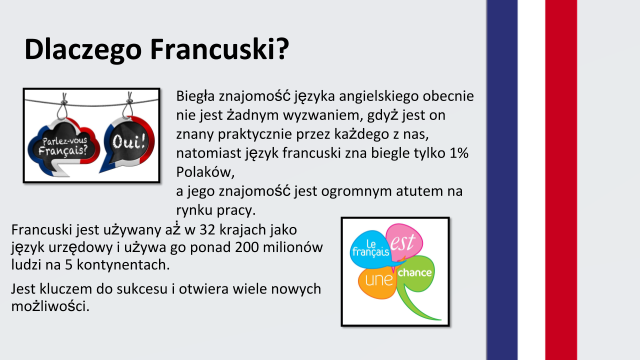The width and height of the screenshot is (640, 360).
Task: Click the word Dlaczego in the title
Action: [83, 49]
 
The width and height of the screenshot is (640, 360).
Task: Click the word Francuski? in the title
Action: [219, 49]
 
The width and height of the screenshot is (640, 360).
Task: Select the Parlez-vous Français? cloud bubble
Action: [64, 147]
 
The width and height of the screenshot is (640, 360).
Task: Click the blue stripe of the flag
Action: [502, 180]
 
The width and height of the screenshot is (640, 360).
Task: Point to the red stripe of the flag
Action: [561, 180]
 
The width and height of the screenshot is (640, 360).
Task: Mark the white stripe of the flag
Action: [531, 180]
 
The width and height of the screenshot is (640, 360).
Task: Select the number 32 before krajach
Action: [207, 229]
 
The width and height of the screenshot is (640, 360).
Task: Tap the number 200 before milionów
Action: [247, 247]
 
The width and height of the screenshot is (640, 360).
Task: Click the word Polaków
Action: [205, 172]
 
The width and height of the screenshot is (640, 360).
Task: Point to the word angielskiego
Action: [379, 96]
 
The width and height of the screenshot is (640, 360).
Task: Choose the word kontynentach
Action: [123, 265]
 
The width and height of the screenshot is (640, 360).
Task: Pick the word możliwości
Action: [50, 306]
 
